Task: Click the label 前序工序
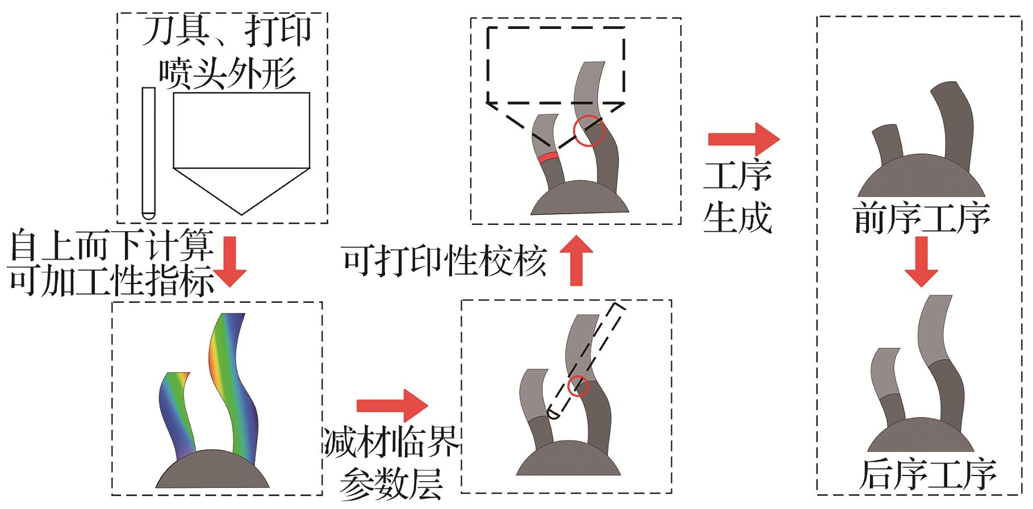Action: tap(922, 218)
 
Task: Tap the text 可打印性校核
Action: tap(444, 262)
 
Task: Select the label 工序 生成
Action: tap(738, 197)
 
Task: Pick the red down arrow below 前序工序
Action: tap(921, 261)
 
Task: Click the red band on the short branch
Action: tap(547, 157)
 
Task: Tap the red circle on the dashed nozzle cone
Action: tap(588, 131)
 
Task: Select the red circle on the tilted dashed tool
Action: tap(578, 386)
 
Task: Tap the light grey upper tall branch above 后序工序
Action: tap(934, 329)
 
